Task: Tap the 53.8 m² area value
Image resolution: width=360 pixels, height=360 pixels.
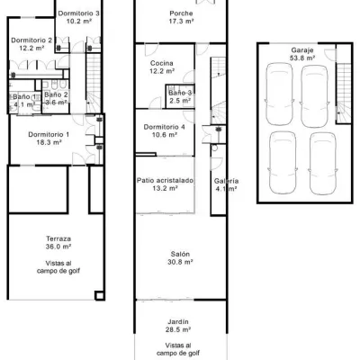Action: point(302,58)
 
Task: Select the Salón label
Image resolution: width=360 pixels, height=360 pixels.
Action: point(180,254)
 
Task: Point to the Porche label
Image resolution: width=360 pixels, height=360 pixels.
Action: point(181,13)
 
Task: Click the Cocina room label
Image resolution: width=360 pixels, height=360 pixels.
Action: point(162,63)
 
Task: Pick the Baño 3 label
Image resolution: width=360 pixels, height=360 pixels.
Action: point(180,93)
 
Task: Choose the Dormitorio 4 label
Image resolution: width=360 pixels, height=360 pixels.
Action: point(164,127)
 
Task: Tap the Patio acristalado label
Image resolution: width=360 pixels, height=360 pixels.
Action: point(165,180)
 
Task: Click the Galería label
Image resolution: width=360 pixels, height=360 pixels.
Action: point(226,181)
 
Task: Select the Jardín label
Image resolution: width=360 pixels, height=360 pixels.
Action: point(178,322)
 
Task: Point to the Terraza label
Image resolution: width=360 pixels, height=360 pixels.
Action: point(58,238)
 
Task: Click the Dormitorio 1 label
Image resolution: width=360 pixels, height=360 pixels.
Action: point(49,134)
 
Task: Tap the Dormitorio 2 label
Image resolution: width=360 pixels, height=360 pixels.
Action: point(31,40)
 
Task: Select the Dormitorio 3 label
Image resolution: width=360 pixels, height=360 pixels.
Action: point(78,13)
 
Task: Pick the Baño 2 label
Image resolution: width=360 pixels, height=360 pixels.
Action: point(56,94)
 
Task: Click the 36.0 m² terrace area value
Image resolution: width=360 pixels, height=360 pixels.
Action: point(58,247)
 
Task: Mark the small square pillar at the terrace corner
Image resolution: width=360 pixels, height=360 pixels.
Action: point(100,296)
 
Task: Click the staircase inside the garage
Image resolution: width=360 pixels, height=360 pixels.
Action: point(344,93)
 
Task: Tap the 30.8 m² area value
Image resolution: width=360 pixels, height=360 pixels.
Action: point(180,262)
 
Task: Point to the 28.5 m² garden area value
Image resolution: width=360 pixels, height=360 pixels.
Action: point(178,329)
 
